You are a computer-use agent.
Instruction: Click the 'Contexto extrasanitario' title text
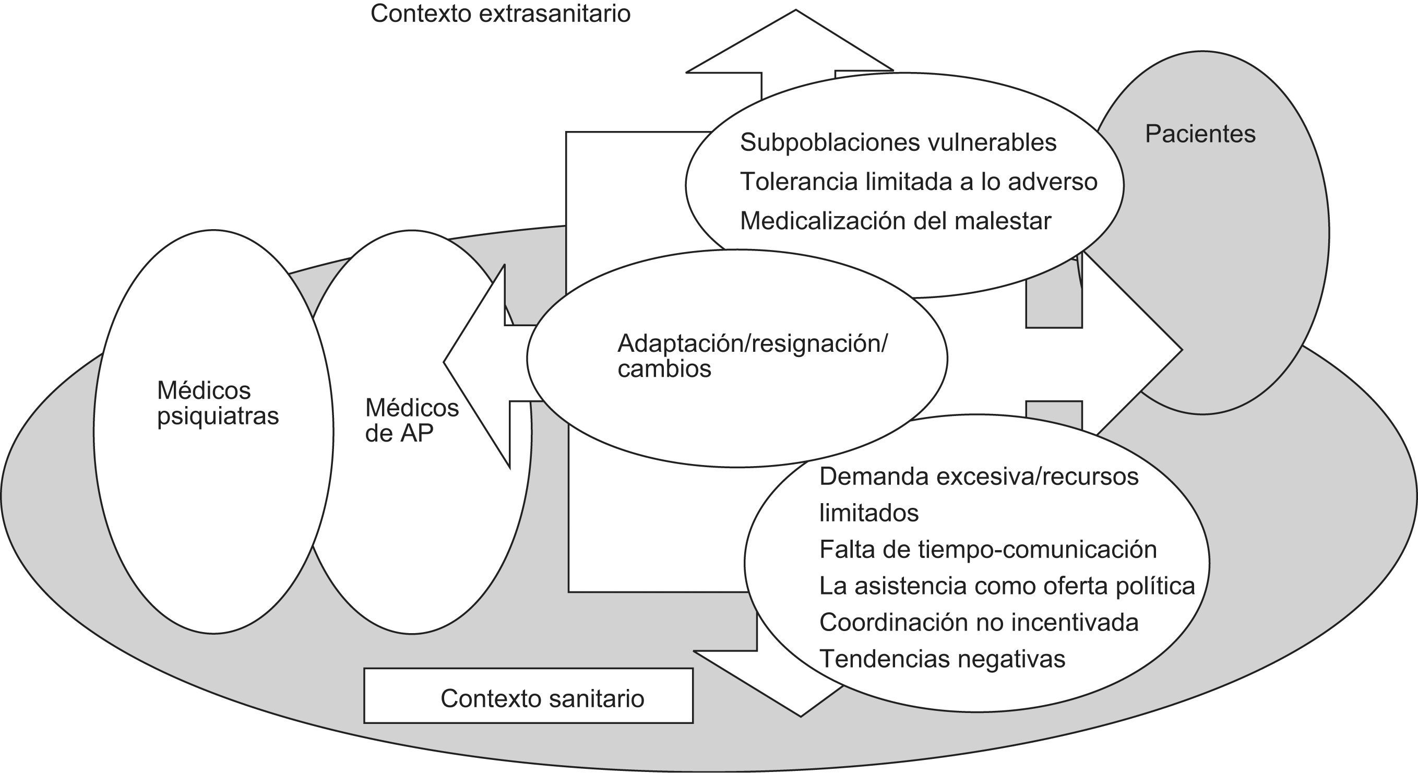coord(501,14)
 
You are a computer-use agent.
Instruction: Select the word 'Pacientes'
coord(1200,134)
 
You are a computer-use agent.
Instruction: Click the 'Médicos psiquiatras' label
coord(218,403)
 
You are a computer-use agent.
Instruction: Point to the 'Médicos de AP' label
coord(411,421)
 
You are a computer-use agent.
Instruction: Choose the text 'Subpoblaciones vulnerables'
coord(898,142)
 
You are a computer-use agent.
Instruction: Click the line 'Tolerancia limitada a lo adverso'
coord(918,182)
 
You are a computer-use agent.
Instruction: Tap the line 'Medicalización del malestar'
coord(895,221)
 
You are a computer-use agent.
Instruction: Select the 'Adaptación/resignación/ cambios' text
coord(752,355)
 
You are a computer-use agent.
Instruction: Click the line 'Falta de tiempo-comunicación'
coord(987,550)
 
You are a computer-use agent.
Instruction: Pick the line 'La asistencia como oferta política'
coord(1007,586)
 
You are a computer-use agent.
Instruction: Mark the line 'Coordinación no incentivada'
coord(979,622)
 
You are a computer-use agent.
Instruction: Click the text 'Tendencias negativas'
coord(942,659)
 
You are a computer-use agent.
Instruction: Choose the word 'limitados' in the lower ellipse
coord(868,513)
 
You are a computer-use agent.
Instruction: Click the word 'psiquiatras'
coord(218,416)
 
